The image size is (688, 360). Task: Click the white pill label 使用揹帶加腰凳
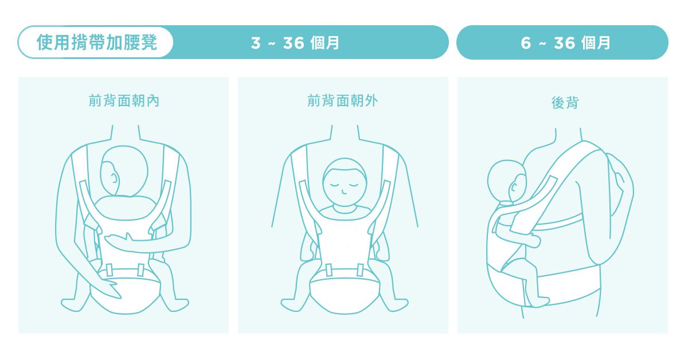(x=96, y=42)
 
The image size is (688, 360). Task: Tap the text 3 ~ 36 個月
(x=295, y=42)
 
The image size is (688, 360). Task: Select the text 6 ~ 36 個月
(x=565, y=42)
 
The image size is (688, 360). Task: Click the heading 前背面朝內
(x=124, y=101)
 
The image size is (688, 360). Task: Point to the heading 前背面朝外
(x=343, y=101)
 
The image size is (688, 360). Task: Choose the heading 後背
(x=565, y=103)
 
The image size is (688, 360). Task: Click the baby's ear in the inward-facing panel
(x=114, y=178)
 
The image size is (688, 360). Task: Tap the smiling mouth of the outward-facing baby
(x=344, y=193)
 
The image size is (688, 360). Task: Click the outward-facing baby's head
(x=345, y=182)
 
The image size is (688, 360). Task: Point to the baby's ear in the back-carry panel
(x=514, y=186)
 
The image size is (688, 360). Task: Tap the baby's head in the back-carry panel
(x=507, y=181)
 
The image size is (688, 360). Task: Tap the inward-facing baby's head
(x=124, y=171)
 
